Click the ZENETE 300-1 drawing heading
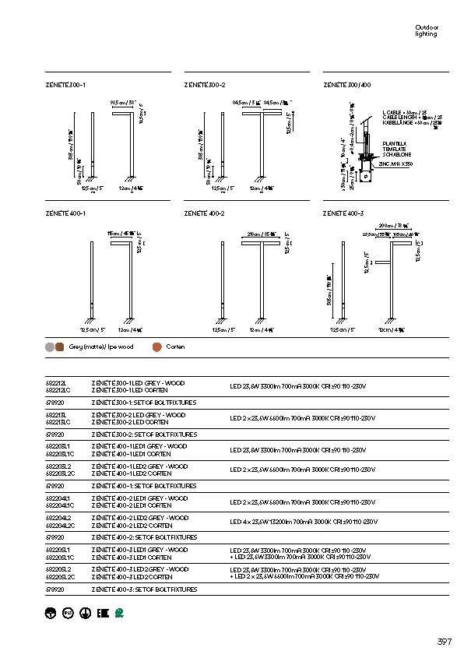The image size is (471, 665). pyautogui.click(x=65, y=83)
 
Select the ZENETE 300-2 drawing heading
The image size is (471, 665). pyautogui.click(x=205, y=83)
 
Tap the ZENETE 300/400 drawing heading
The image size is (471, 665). pyautogui.click(x=346, y=83)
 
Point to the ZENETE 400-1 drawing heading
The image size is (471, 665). pyautogui.click(x=65, y=213)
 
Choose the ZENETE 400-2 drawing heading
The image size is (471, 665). pyautogui.click(x=205, y=213)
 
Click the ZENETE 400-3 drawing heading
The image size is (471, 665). pyautogui.click(x=343, y=213)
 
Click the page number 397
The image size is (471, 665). pyautogui.click(x=444, y=642)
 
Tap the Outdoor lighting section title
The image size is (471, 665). pyautogui.click(x=427, y=31)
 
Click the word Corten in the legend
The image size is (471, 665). pyautogui.click(x=175, y=347)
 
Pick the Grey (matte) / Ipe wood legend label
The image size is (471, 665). pyautogui.click(x=90, y=347)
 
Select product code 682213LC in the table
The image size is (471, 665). pyautogui.click(x=58, y=421)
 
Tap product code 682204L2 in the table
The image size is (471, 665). pyautogui.click(x=58, y=517)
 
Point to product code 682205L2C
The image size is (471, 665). pyautogui.click(x=60, y=577)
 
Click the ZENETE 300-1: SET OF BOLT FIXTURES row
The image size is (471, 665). pyautogui.click(x=143, y=403)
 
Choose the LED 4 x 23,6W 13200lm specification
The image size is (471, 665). pyautogui.click(x=303, y=522)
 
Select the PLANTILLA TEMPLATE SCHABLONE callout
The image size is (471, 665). pyautogui.click(x=394, y=149)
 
